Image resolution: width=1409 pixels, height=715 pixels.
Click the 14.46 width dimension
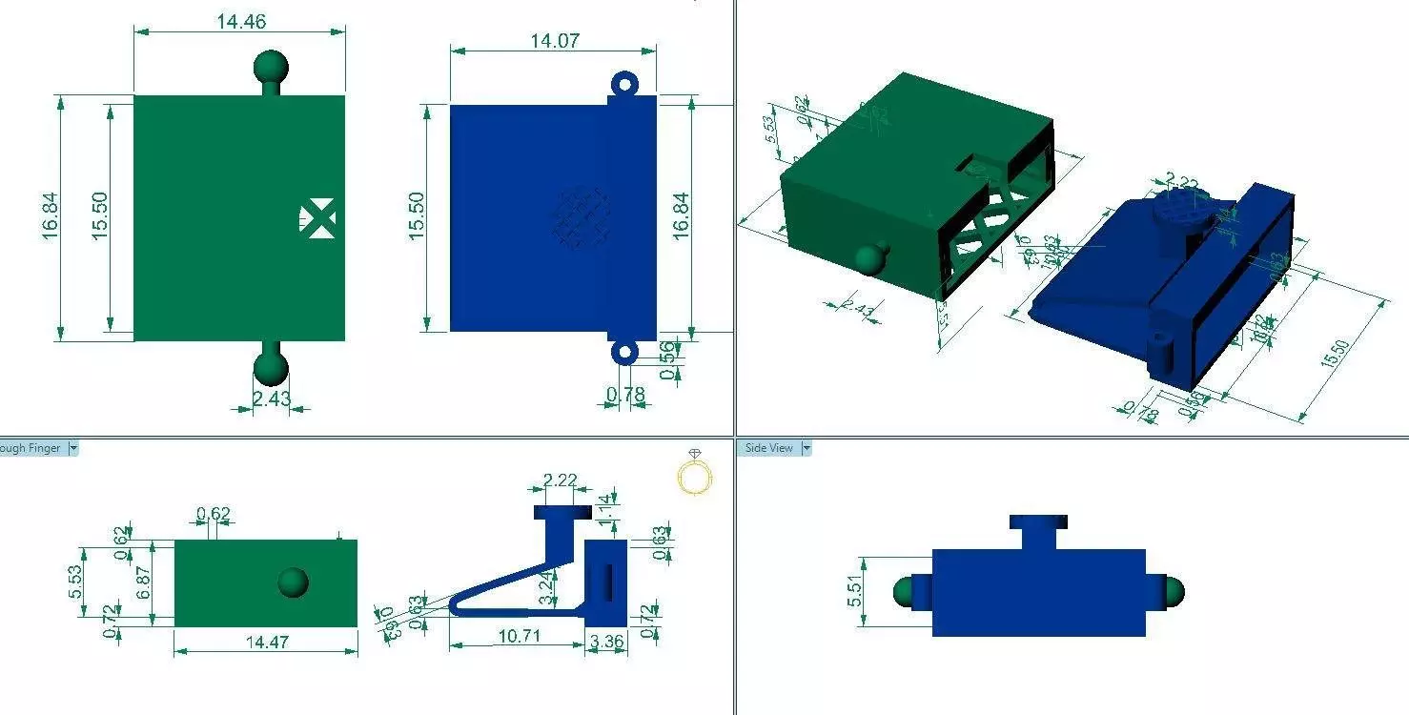pos(241,21)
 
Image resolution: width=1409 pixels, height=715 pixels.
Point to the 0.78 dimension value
pos(626,394)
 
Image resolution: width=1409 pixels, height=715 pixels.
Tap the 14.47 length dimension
pos(266,642)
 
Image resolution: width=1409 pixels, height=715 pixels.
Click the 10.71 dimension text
pos(515,634)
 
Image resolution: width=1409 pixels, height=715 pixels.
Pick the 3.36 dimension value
pos(606,642)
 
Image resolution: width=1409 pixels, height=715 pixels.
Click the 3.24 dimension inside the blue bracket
pos(546,586)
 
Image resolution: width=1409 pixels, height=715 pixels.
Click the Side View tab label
pos(768,448)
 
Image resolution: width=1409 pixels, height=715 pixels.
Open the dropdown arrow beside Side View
pos(806,448)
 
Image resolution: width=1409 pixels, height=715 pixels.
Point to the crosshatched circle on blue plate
pos(582,218)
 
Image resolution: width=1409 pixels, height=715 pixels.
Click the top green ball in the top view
pos(271,67)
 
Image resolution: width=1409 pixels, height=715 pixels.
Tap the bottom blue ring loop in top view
pos(623,353)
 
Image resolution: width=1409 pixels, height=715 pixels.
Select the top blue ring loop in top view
pos(623,84)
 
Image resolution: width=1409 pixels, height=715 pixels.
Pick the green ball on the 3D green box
pos(871,259)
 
